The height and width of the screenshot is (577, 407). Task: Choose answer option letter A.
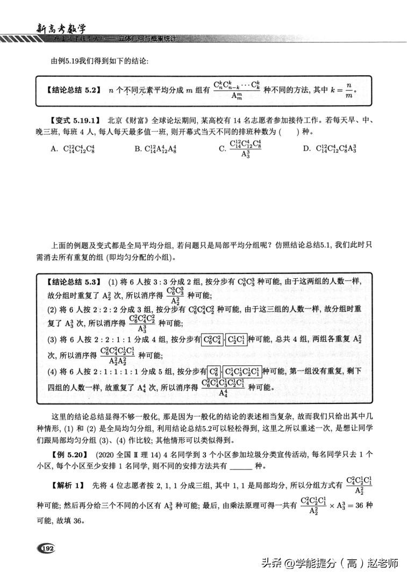pos(54,149)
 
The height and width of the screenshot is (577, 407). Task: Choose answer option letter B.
pos(138,149)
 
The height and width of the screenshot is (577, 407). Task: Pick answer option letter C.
pos(222,149)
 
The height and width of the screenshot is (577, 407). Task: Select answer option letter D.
pos(306,149)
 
